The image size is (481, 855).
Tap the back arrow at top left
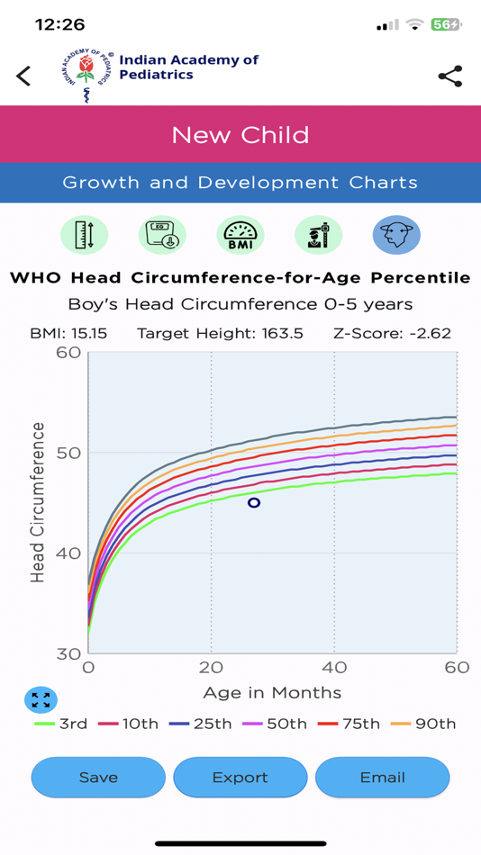point(24,76)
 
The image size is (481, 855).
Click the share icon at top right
point(449,76)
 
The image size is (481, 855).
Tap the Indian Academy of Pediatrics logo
point(86,76)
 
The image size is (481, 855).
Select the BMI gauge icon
point(240,235)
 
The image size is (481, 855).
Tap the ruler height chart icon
point(85,235)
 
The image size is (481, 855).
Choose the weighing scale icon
point(163,235)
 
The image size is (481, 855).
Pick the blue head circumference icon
point(396,235)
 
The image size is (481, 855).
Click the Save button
point(98,778)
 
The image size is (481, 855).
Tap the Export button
point(240,778)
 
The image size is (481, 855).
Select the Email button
point(382,778)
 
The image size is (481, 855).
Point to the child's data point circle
point(254,503)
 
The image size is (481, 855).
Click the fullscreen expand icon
point(41,699)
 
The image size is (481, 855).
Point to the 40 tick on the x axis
point(334,668)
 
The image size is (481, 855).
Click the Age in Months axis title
point(272,692)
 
